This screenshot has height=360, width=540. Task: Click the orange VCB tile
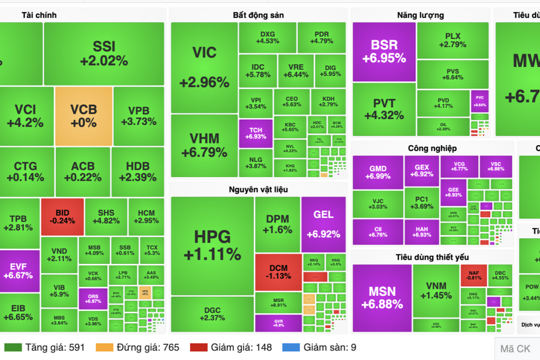click(83, 116)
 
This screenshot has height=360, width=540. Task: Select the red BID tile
click(62, 217)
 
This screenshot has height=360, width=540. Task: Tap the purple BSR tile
click(384, 52)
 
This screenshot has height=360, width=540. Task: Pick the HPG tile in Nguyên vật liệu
click(212, 245)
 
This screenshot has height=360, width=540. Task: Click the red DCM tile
click(277, 271)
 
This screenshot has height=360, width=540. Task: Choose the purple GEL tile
click(323, 223)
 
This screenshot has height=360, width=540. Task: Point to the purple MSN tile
click(382, 298)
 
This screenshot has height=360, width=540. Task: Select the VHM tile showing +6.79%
click(204, 145)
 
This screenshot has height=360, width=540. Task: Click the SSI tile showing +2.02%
click(103, 53)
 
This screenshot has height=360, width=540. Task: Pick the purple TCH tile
click(256, 133)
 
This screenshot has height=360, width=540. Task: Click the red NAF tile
click(473, 274)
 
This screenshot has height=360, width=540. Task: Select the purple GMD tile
click(377, 172)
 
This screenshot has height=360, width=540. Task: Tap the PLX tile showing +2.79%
click(452, 40)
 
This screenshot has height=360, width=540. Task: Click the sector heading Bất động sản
click(258, 15)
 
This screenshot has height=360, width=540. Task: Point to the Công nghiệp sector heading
click(432, 148)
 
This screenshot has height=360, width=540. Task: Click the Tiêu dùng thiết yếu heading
click(432, 257)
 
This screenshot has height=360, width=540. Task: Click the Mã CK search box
click(517, 348)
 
